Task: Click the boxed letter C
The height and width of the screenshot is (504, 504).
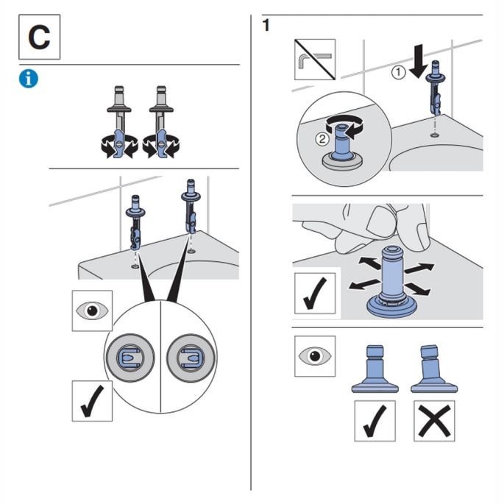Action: point(39,38)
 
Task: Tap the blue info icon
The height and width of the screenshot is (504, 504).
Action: point(29,79)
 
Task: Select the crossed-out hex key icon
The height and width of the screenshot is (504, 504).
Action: point(315,60)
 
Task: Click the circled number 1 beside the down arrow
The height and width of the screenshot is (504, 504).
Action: point(397,72)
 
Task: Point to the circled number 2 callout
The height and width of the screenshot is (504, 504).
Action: point(321,139)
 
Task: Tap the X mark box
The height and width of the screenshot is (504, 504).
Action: point(433,421)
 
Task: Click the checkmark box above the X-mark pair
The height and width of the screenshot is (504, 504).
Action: point(375,421)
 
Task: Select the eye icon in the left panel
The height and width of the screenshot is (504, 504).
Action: point(92,311)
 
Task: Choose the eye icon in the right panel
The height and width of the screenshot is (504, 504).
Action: point(314,356)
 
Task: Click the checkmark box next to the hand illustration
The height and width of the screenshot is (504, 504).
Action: point(314,292)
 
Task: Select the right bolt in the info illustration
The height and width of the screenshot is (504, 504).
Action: point(160,121)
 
